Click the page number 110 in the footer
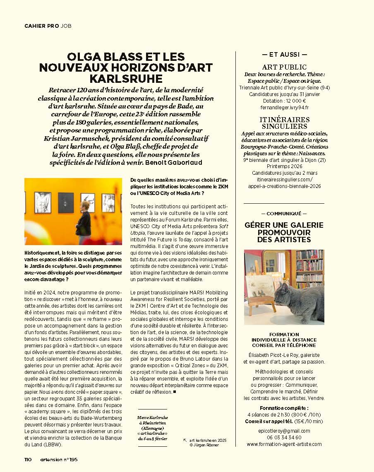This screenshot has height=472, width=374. pyautogui.click(x=28, y=459)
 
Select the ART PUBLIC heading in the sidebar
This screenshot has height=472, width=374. pyautogui.click(x=284, y=67)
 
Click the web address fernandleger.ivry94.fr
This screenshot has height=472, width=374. pyautogui.click(x=284, y=107)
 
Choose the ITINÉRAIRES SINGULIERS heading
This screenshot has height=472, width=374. pyautogui.click(x=284, y=123)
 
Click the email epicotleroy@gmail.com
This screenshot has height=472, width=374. pyautogui.click(x=284, y=431)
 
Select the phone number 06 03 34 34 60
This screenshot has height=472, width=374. pyautogui.click(x=284, y=437)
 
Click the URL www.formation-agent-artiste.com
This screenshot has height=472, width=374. pyautogui.click(x=284, y=444)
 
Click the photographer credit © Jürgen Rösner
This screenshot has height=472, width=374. pyautogui.click(x=204, y=445)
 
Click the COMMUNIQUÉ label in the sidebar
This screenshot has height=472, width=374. pyautogui.click(x=284, y=214)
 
